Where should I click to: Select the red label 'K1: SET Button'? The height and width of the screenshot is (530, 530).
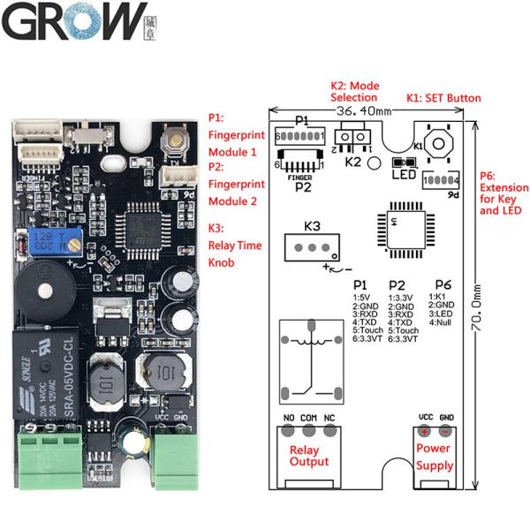(443, 97)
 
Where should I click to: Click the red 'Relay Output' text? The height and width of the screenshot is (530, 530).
(309, 455)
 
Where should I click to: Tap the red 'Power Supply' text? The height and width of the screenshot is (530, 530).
(435, 457)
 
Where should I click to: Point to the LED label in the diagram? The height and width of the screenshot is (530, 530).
(403, 174)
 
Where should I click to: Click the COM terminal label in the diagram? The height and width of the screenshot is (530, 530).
(308, 416)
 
